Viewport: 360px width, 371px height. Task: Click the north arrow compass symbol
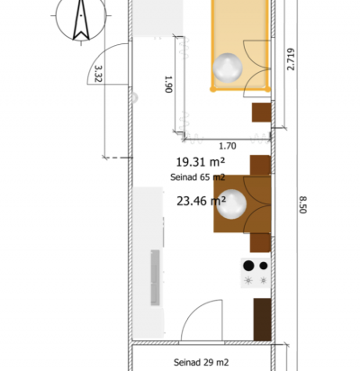click(81, 18)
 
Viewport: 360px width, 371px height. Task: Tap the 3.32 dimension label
click(98, 74)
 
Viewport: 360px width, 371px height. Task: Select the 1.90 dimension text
click(169, 84)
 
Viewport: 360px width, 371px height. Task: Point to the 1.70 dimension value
click(228, 146)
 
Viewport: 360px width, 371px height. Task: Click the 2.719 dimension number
click(291, 59)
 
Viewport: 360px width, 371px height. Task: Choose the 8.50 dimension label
click(302, 204)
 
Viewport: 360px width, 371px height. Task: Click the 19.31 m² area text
click(200, 162)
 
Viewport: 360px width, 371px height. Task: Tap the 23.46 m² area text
click(201, 201)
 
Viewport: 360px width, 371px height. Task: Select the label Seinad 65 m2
click(197, 177)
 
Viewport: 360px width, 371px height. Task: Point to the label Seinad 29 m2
click(201, 362)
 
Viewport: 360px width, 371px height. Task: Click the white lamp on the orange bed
click(228, 68)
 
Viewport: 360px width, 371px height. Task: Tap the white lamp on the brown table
click(231, 204)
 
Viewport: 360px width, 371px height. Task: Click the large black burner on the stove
click(248, 266)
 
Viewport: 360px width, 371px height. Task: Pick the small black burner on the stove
click(264, 266)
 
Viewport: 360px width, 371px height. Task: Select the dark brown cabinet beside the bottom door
click(263, 320)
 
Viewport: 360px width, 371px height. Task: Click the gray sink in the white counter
click(155, 277)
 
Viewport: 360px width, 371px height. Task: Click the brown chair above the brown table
click(260, 165)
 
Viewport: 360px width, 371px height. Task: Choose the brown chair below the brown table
click(260, 242)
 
